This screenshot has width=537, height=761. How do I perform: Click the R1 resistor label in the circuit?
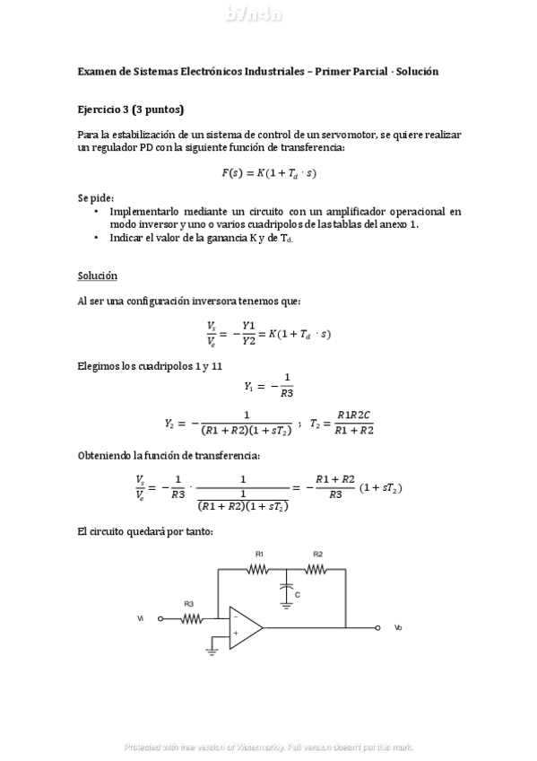pos(259,554)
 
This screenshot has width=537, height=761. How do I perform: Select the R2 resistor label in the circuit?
pos(317,554)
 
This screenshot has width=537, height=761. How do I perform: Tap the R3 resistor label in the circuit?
pos(189,604)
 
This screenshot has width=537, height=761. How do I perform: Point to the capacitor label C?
pos(297,594)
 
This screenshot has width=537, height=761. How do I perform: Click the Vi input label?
pos(140,618)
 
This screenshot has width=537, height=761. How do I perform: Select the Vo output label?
pos(398,627)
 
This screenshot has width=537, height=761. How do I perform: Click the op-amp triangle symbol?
pos(244,627)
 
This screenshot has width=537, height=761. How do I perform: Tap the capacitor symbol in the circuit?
pos(286,588)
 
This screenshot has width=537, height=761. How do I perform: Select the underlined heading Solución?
pos(97,276)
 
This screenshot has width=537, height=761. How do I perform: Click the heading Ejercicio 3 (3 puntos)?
pos(130,109)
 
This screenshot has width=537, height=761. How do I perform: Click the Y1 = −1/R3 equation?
pos(269,385)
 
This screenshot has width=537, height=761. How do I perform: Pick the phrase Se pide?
pos(96,196)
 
